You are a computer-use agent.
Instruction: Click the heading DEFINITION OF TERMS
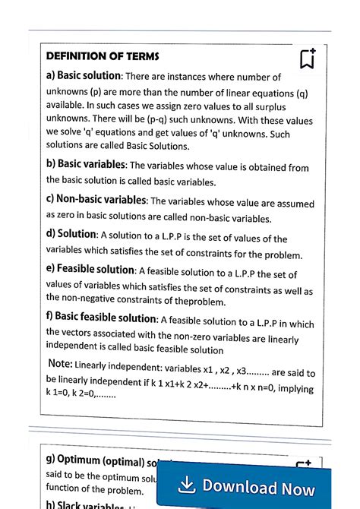103,56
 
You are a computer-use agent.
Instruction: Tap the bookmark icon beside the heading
307,58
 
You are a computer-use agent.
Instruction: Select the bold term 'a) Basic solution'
84,76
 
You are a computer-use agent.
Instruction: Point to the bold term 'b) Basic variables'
87,164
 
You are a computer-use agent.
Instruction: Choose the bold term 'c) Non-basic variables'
96,200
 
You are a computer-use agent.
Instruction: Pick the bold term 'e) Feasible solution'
90,270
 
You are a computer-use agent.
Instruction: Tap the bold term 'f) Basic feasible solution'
101,318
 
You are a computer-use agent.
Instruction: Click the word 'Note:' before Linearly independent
60,364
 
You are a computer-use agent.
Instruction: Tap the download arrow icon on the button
185,485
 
